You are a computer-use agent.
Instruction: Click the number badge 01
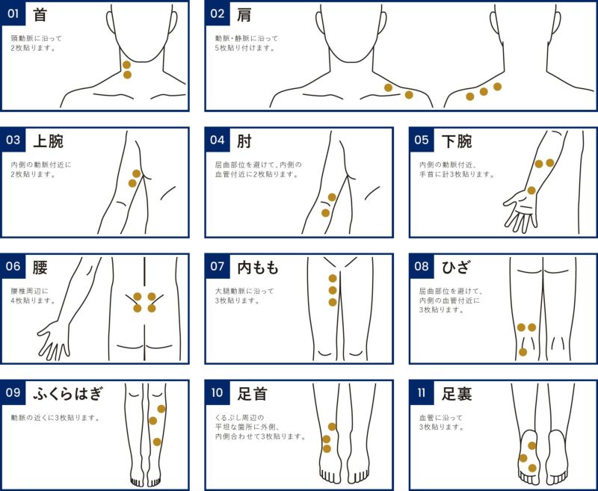coord(13,13)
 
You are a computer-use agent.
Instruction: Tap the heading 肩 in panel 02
coord(243,13)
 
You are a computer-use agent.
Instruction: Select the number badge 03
coord(13,140)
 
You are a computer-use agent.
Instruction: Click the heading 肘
coord(244,140)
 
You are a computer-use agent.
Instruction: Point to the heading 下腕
coord(457,140)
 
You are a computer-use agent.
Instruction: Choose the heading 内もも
coord(257,267)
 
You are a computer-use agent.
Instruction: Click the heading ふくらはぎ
coord(67,392)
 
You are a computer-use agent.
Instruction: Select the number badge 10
coord(218,392)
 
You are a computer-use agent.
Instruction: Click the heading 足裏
coord(457,392)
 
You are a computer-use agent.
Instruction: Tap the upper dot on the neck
coord(127,65)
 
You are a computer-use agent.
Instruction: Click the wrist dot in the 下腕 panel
coord(531,191)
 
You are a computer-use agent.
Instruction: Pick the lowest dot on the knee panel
coord(523,351)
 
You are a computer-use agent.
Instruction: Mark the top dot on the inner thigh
coord(333,278)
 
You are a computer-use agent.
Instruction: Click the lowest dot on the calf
coord(157,442)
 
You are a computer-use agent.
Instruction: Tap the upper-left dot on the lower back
coord(138,296)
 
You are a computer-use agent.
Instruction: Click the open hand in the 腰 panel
coord(54,338)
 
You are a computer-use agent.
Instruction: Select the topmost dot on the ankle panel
coord(332,427)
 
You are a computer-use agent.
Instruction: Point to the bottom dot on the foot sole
coord(532,468)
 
